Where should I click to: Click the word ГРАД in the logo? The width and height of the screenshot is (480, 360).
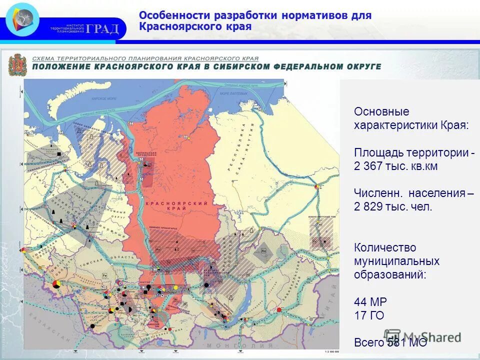pyautogui.click(x=102, y=28)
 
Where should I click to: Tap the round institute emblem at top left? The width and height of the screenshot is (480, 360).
pyautogui.click(x=22, y=19)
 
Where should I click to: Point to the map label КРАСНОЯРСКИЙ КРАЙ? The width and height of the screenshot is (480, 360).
pyautogui.click(x=176, y=204)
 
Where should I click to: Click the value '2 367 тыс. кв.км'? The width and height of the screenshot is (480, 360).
pyautogui.click(x=395, y=166)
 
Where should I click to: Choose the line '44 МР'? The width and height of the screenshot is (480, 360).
pyautogui.click(x=370, y=301)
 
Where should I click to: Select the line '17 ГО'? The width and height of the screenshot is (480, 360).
pyautogui.click(x=369, y=315)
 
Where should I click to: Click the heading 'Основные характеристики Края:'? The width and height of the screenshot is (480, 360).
pyautogui.click(x=411, y=118)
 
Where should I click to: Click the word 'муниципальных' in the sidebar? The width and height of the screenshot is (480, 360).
pyautogui.click(x=396, y=261)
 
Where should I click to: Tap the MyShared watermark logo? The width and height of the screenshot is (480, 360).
pyautogui.click(x=422, y=336)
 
